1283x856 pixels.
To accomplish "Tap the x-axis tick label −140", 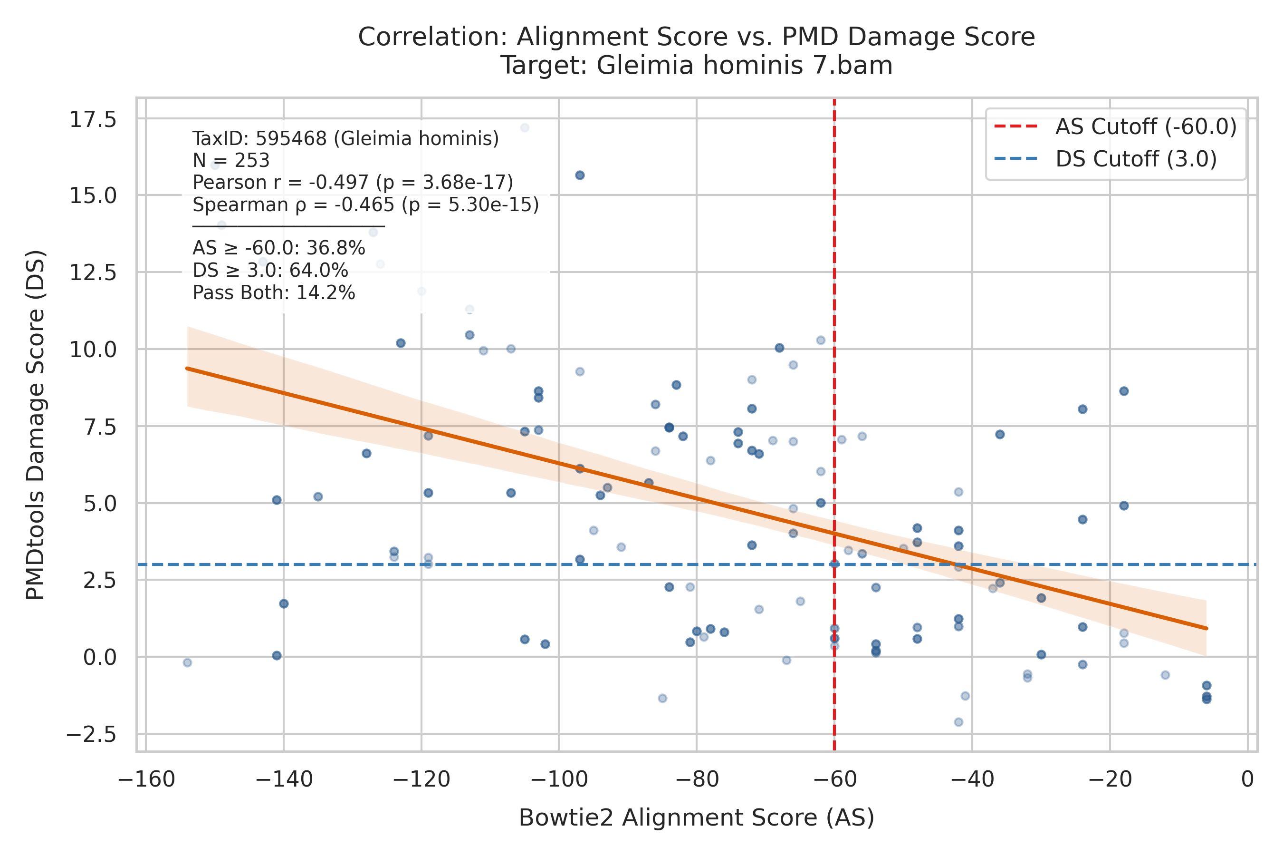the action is [x=284, y=779].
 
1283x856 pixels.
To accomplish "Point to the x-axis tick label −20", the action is [x=1110, y=779].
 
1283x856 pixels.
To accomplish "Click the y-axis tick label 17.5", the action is [x=93, y=119].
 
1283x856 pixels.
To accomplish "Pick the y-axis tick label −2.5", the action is [x=91, y=734].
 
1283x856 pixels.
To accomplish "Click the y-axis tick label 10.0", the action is [x=93, y=350].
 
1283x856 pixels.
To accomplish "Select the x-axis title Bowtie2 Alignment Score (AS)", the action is [x=697, y=818].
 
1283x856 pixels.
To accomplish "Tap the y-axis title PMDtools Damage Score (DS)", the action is [x=36, y=425].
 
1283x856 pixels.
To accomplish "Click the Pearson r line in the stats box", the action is [x=353, y=182].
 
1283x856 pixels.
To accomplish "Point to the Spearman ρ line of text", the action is [x=365, y=204].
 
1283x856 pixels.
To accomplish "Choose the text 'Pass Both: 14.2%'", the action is [x=274, y=293].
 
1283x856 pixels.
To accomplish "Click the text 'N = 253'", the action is [x=231, y=161].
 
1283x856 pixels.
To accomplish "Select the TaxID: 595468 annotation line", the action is [x=346, y=139].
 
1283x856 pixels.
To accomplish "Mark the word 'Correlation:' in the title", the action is [x=433, y=37].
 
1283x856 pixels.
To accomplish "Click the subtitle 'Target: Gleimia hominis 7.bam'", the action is [x=697, y=66].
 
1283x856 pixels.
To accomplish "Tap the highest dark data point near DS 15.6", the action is [x=580, y=175].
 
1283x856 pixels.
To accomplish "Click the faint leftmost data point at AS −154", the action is [x=188, y=663].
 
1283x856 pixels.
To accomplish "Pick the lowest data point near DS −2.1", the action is [x=958, y=722].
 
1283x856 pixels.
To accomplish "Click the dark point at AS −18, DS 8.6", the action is [x=1124, y=391].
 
